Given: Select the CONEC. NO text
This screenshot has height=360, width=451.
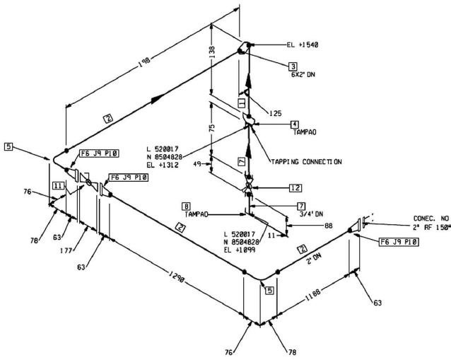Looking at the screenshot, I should [x=431, y=218].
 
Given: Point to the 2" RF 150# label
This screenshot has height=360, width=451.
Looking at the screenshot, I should [x=430, y=227].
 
